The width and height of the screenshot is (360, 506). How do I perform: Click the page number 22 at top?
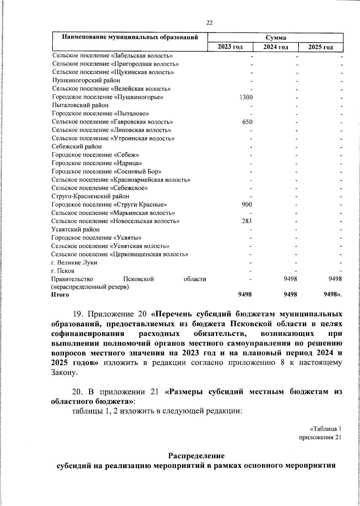coord(209,23)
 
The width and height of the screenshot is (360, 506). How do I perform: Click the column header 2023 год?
coord(230,47)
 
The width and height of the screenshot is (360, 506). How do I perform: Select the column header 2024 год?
coord(276,47)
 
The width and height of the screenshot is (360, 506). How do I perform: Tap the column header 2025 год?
coord(321,47)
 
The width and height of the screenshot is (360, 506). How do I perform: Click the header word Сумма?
coord(276,38)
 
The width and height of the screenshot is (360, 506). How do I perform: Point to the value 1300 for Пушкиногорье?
coord(246,97)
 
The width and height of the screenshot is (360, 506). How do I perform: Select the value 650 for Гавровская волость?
coord(247,122)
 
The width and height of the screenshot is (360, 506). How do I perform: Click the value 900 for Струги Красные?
coord(247,204)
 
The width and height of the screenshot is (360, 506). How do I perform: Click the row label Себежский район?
coord(77,146)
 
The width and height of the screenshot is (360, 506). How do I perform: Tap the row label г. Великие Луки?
coord(74,262)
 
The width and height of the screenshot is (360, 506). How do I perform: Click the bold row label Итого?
coord(60,295)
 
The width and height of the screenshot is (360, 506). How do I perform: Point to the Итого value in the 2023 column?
coord(245,295)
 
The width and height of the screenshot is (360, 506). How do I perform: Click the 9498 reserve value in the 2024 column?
coord(290,279)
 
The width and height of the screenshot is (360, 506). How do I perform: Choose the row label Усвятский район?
coord(76,229)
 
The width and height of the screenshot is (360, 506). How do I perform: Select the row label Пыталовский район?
coord(80,105)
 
